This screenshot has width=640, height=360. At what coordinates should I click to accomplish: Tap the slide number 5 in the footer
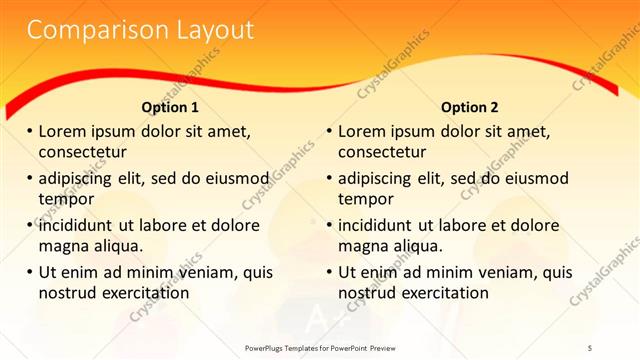(x=590, y=347)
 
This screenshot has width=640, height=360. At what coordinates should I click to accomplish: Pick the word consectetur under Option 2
(x=382, y=152)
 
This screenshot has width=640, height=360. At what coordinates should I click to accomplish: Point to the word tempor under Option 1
(x=65, y=199)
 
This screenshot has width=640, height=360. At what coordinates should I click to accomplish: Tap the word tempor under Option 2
(x=365, y=199)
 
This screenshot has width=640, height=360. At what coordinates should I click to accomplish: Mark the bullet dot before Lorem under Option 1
(x=30, y=131)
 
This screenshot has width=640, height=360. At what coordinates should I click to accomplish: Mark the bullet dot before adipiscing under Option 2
(x=330, y=178)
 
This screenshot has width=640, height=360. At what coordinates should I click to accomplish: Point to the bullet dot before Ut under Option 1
(x=30, y=272)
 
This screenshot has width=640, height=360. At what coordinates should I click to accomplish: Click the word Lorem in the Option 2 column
(x=362, y=131)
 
